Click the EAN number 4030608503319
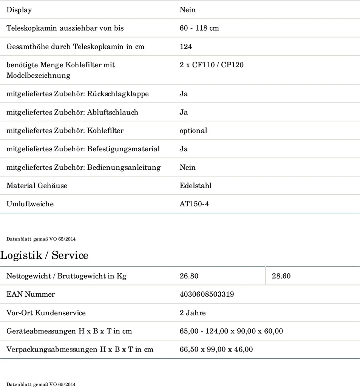(207, 294)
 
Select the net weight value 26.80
(189, 276)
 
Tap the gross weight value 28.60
(281, 276)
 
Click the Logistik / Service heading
(44, 255)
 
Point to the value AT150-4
(194, 204)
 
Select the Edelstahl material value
(196, 186)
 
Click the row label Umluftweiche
(30, 204)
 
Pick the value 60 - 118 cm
(199, 28)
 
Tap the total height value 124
(186, 47)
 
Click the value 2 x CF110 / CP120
(212, 65)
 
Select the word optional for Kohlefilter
(193, 131)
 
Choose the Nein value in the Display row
(188, 10)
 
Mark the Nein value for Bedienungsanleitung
(188, 167)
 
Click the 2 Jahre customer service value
(193, 313)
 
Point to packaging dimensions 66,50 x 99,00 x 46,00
(216, 350)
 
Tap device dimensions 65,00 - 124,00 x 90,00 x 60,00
(231, 331)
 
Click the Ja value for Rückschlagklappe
(184, 94)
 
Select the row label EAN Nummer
(31, 294)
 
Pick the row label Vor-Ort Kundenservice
(46, 313)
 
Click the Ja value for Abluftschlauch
(184, 112)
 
